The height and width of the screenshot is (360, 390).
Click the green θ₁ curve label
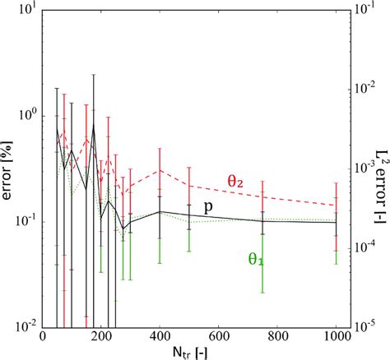[257, 257]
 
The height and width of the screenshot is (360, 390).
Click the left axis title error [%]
[10, 168]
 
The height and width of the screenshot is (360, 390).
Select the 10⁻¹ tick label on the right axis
[360, 10]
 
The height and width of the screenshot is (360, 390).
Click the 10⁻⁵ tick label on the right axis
[360, 326]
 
